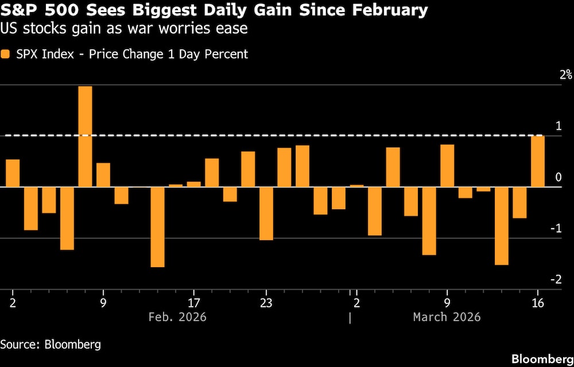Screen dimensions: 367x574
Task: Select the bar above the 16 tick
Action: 538,161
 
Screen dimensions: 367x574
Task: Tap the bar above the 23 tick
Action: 266,213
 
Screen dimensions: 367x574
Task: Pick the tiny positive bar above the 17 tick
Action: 194,184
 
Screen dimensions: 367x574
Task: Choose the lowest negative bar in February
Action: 158,227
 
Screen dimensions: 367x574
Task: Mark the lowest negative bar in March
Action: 501,225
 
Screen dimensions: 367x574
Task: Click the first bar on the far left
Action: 13,173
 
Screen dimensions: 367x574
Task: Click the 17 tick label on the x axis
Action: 194,302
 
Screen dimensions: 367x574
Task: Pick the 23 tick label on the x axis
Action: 266,302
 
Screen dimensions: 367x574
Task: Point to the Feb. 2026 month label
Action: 177,317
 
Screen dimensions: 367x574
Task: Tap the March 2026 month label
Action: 447,317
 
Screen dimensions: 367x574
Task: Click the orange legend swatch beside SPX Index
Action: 6,54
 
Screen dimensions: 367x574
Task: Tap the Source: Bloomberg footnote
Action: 51,345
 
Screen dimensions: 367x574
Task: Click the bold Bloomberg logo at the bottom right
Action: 542,359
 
